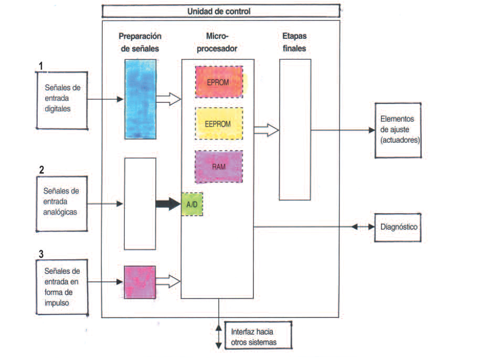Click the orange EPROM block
tap(220, 81)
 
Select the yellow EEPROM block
tap(219, 123)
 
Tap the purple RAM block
tap(219, 166)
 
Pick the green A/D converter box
tap(192, 204)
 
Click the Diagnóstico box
tap(397, 227)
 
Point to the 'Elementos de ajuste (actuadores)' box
tap(397, 129)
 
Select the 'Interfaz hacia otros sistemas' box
tap(258, 337)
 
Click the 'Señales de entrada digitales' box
tap(61, 99)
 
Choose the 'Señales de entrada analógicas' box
tap(61, 203)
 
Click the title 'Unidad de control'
tap(220, 11)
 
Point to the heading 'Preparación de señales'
tap(140, 43)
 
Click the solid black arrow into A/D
tap(168, 204)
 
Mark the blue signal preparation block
tap(140, 99)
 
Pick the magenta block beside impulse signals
tap(140, 282)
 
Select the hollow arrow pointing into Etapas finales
tap(266, 130)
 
